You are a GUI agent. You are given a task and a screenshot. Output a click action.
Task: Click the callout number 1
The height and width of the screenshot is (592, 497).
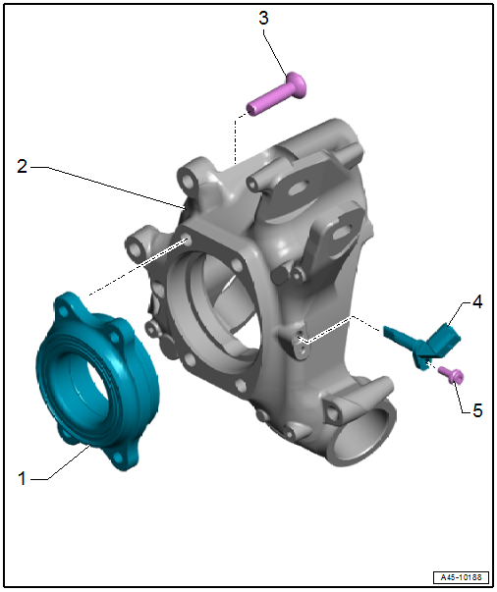pos(23,478)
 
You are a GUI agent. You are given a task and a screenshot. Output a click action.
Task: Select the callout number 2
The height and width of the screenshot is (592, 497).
pos(23,167)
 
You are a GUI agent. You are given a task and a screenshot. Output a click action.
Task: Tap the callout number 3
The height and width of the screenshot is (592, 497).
pos(263,18)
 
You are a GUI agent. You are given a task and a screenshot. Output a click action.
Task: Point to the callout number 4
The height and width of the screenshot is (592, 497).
pos(477,302)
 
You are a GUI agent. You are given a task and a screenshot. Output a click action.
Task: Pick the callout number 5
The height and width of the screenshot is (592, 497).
pos(477,410)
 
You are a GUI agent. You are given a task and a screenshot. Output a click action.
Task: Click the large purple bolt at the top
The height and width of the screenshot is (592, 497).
pos(277,93)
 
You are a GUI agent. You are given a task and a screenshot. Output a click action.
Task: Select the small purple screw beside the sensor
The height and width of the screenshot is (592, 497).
pos(451,376)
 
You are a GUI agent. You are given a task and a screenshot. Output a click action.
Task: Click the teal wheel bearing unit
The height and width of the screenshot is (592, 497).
pos(97,381)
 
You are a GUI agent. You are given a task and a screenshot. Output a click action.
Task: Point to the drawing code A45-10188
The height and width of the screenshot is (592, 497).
pos(461,577)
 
